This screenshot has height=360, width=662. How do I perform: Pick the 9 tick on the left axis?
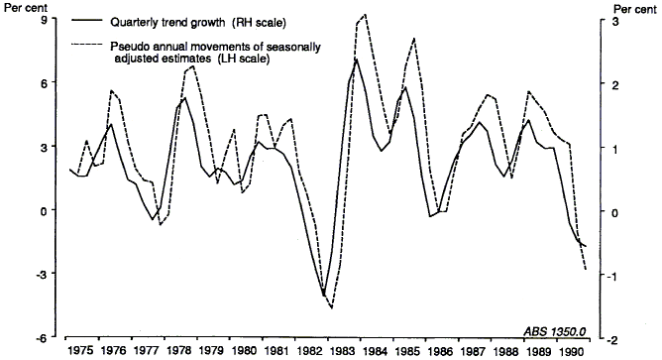click(45, 21)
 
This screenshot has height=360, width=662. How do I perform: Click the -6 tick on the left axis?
click(43, 338)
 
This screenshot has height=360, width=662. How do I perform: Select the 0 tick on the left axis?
click(45, 211)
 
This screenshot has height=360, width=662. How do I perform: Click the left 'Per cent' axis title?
click(23, 8)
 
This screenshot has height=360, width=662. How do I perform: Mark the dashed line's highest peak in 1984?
click(366, 14)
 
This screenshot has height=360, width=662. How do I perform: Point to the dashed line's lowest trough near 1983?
click(332, 308)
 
